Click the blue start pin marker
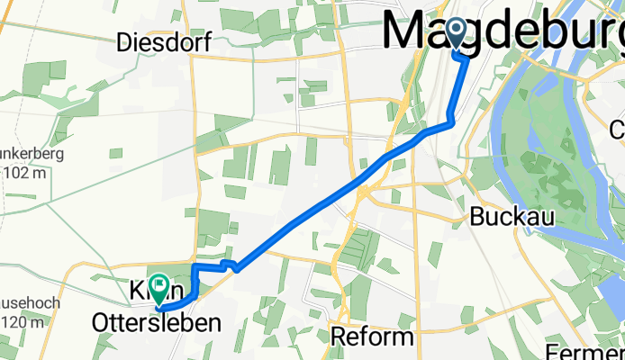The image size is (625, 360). pyautogui.click(x=456, y=34)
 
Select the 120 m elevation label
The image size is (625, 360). pyautogui.click(x=23, y=323)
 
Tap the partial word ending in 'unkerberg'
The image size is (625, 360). pyautogui.click(x=36, y=154)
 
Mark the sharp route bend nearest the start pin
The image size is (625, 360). pyautogui.click(x=466, y=58)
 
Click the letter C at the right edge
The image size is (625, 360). pyautogui.click(x=617, y=129)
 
